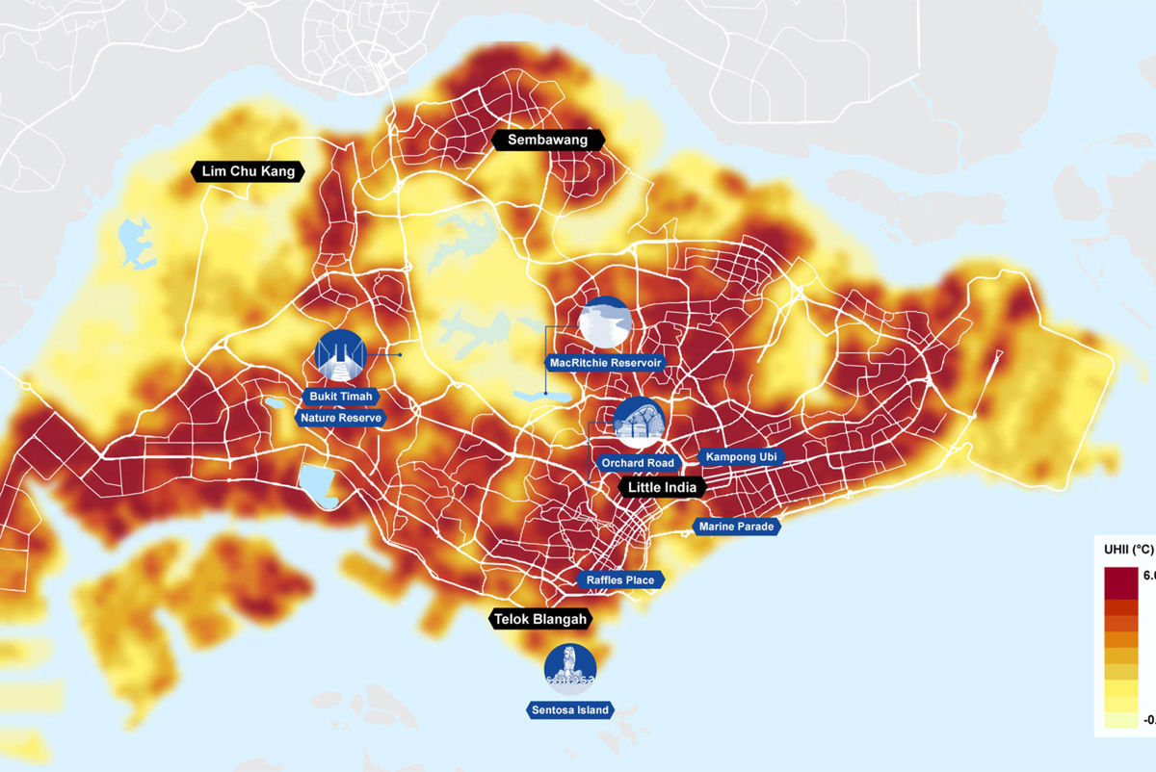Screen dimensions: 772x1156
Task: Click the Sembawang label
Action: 547,141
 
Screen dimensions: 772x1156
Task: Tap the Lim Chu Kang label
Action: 249,172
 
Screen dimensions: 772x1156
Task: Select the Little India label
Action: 662,488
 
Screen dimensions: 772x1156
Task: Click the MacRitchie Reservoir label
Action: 604,363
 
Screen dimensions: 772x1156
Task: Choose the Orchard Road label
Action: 637,463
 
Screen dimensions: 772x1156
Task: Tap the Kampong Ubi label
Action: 740,456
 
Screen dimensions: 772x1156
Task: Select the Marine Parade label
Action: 737,527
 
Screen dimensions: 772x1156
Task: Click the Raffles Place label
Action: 619,580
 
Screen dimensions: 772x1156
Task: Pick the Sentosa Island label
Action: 570,710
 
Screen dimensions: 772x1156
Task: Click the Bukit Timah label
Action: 341,396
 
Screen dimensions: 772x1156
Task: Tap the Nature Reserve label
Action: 341,418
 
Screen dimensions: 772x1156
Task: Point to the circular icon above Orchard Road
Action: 640,423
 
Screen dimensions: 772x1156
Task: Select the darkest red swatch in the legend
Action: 1122,581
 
